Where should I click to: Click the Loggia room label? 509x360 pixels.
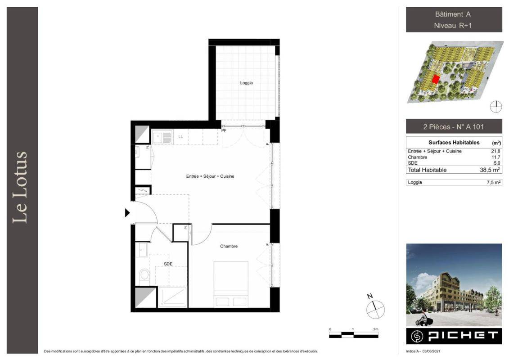pyautogui.click(x=246, y=83)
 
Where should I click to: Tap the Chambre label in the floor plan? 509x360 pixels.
pyautogui.click(x=229, y=246)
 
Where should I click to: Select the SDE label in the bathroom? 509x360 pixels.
pyautogui.click(x=168, y=264)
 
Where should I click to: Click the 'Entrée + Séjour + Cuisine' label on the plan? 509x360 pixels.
pyautogui.click(x=210, y=176)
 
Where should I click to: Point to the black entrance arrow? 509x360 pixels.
pyautogui.click(x=127, y=213)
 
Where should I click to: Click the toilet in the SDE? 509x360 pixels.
pyautogui.click(x=144, y=274)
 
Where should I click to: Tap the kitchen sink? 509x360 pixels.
pyautogui.click(x=162, y=137)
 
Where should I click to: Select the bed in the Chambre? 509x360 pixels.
pyautogui.click(x=231, y=284)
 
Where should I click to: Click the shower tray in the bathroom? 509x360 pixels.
pyautogui.click(x=173, y=297)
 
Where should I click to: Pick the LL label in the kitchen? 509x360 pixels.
pyautogui.click(x=180, y=137)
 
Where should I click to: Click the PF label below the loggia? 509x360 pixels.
pyautogui.click(x=224, y=130)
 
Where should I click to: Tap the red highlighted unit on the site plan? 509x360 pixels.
pyautogui.click(x=435, y=79)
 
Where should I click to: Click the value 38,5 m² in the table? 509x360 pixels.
pyautogui.click(x=490, y=170)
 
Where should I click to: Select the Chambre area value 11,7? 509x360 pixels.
pyautogui.click(x=495, y=157)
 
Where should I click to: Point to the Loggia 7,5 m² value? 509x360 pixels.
pyautogui.click(x=493, y=182)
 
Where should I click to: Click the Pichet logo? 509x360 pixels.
pyautogui.click(x=454, y=336)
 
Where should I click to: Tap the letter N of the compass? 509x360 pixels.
pyautogui.click(x=370, y=296)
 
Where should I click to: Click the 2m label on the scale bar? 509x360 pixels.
pyautogui.click(x=376, y=329)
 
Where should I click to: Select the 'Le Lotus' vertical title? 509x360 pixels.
pyautogui.click(x=20, y=187)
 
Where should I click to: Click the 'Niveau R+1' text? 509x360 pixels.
pyautogui.click(x=453, y=25)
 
